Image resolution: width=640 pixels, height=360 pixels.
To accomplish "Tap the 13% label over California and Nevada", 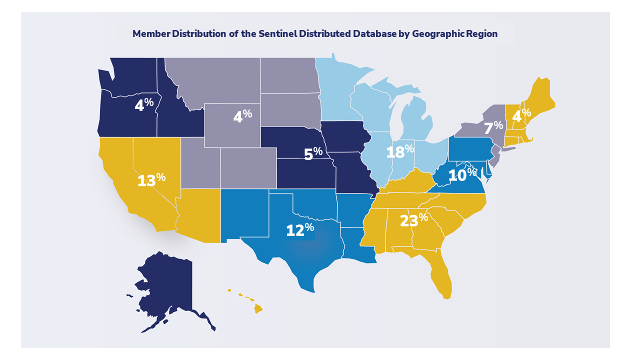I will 151,179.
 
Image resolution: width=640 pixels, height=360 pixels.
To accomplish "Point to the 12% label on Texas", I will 299,229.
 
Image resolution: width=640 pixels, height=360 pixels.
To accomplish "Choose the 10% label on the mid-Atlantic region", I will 462,174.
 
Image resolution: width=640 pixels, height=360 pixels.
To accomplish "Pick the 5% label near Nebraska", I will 313,153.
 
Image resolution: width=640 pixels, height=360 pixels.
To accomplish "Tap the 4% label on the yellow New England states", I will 521,114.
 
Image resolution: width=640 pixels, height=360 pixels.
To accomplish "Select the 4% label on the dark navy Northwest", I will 144,104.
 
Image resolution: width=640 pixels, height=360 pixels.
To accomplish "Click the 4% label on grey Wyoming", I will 242,116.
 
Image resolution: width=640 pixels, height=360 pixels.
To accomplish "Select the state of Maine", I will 540,97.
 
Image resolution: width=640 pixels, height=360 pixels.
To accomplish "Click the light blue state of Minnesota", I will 335,90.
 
